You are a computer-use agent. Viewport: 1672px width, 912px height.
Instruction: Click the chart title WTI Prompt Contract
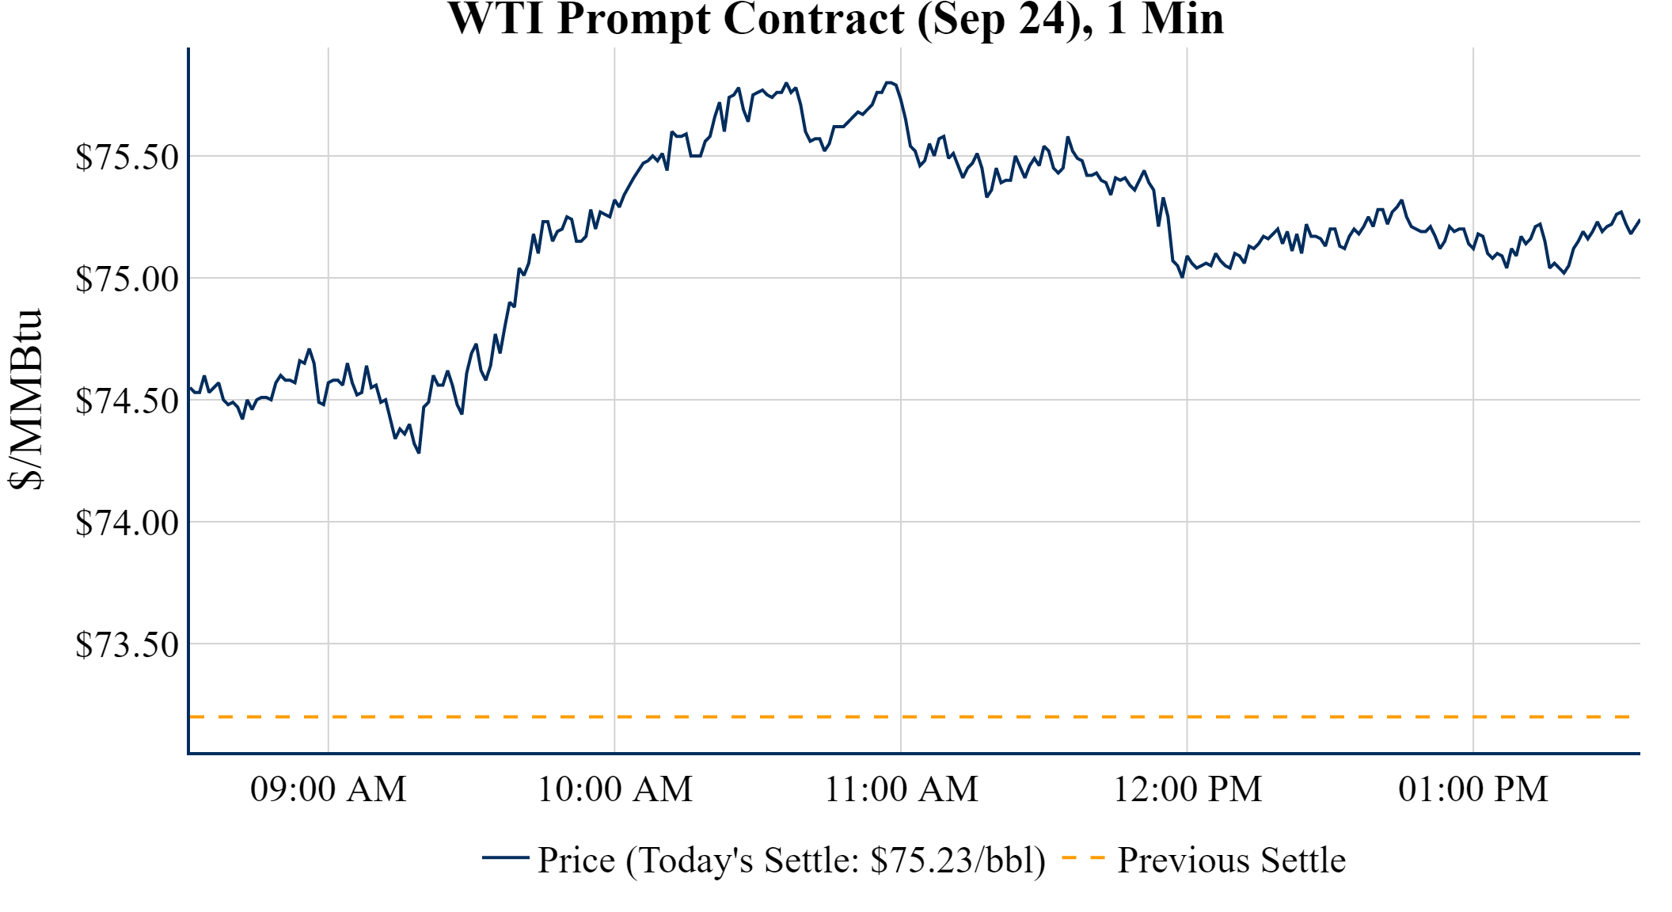(x=835, y=19)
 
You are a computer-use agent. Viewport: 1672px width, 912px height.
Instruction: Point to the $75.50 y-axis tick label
(x=127, y=157)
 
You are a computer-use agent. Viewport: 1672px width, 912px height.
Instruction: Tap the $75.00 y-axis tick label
(x=127, y=279)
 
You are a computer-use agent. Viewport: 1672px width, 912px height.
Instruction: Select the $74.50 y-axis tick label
(x=127, y=401)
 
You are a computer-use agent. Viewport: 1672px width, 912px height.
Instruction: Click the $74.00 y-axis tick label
(x=127, y=522)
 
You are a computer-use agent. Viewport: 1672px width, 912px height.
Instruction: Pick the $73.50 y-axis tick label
(x=127, y=644)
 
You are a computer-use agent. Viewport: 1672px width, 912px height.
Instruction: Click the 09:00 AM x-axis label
(x=329, y=789)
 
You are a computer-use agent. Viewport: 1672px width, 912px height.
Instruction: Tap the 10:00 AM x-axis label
(x=615, y=789)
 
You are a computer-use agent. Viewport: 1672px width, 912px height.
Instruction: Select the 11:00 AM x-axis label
(x=902, y=789)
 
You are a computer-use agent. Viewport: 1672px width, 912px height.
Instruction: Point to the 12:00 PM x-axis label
(x=1187, y=789)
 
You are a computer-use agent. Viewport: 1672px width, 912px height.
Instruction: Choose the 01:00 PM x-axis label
(x=1473, y=789)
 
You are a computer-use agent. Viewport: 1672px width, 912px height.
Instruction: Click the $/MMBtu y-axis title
(x=25, y=400)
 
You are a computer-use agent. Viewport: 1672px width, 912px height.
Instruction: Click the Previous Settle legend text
(x=1231, y=860)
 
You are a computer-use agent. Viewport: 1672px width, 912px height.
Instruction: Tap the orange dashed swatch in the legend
(x=1082, y=857)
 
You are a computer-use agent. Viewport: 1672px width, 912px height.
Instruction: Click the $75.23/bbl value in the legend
(x=957, y=860)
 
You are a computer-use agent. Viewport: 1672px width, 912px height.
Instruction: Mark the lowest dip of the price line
(x=419, y=452)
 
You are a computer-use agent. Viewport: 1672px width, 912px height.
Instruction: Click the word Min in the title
(x=1183, y=19)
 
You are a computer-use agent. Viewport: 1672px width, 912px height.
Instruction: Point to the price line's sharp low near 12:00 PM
(x=1182, y=276)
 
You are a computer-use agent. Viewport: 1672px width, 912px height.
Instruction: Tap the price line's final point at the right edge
(x=1639, y=220)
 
